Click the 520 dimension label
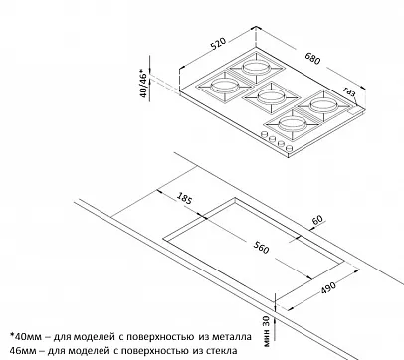tap(218, 44)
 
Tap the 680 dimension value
tap(313, 59)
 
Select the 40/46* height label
tap(143, 84)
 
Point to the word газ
tap(349, 91)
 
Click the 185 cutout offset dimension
tap(184, 198)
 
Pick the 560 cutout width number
tap(261, 247)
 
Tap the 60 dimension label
tap(317, 220)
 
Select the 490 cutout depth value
tap(328, 287)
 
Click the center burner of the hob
tap(270, 96)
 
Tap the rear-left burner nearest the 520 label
tap(256, 68)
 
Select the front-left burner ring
tap(224, 86)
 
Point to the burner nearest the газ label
tap(322, 105)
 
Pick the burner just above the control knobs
tap(291, 124)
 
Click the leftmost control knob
tap(265, 134)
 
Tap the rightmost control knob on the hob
tap(289, 148)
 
